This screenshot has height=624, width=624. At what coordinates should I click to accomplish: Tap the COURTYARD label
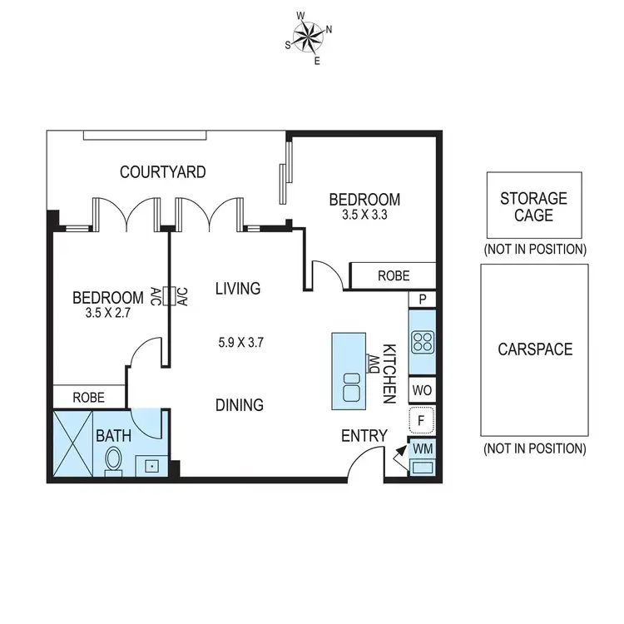[x=162, y=172]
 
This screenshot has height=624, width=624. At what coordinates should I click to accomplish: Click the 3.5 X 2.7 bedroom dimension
[x=107, y=313]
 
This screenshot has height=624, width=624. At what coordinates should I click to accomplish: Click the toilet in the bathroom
[x=113, y=460]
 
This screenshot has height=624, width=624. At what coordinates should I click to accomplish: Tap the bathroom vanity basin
[x=152, y=466]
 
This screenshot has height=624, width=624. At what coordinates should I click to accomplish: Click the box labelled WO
[x=422, y=389]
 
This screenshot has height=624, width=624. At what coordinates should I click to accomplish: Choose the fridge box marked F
[x=422, y=420]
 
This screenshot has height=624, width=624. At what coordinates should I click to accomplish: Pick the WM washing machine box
[x=422, y=449]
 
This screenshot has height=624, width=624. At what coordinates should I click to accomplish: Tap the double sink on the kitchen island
[x=351, y=388]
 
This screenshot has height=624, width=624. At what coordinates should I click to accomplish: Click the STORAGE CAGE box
[x=533, y=206]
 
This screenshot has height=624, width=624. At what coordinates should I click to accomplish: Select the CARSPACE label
[x=534, y=349]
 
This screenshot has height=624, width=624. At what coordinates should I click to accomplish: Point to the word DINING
[x=240, y=405]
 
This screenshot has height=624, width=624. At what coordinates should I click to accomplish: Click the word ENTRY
[x=364, y=436]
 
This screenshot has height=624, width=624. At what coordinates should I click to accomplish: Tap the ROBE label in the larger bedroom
[x=393, y=275]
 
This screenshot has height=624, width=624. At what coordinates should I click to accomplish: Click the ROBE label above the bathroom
[x=89, y=398]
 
